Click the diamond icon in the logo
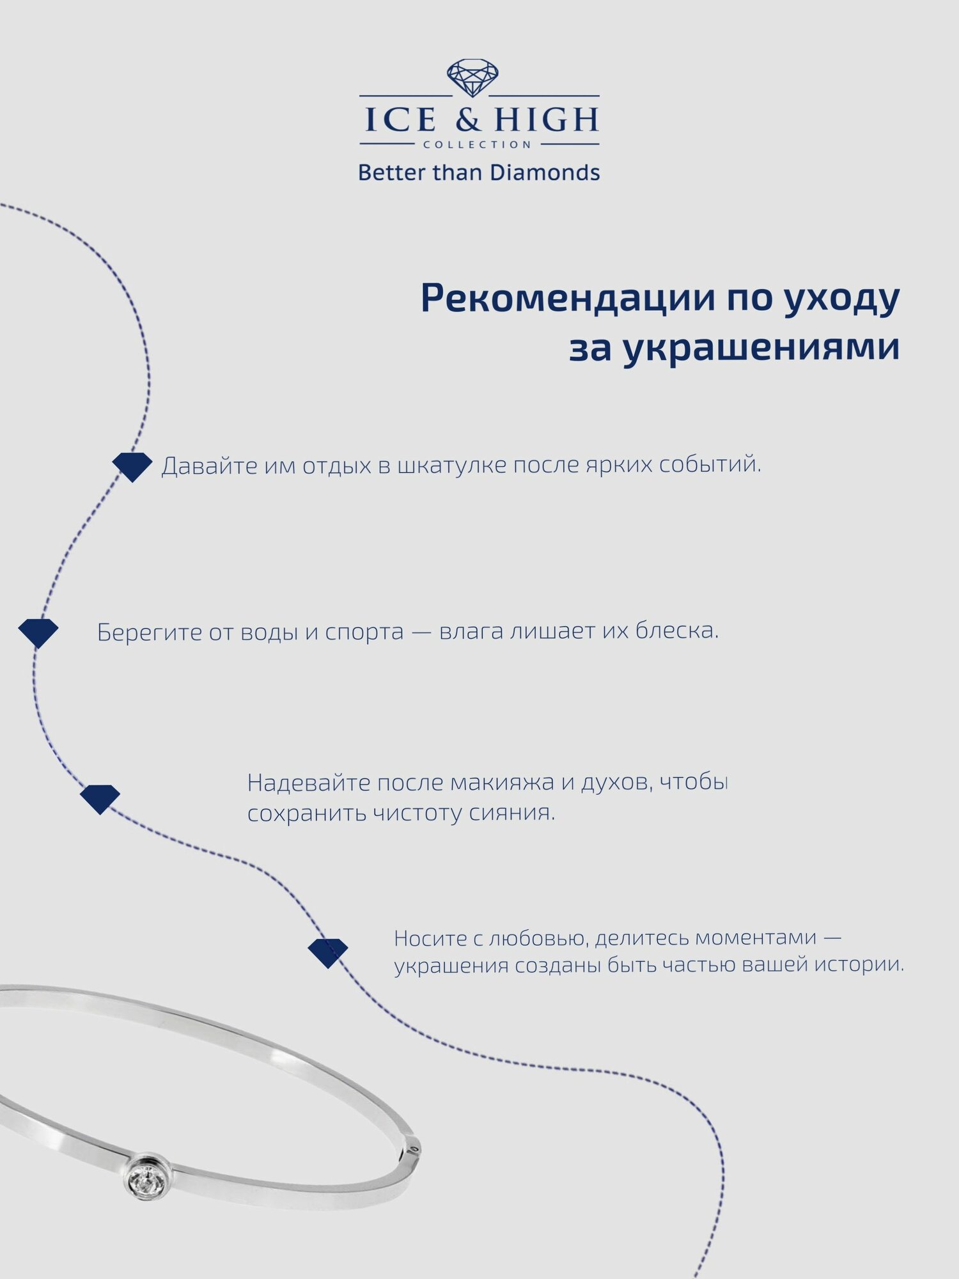pos(472,79)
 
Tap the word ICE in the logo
pos(401,120)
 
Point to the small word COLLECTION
pos(477,145)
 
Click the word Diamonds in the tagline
pos(545,173)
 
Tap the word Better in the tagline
pos(391,173)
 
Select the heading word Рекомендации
pos(567,299)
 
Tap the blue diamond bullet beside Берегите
pos(38,633)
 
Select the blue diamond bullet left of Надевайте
pos(100,799)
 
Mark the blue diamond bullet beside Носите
pos(327,953)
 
